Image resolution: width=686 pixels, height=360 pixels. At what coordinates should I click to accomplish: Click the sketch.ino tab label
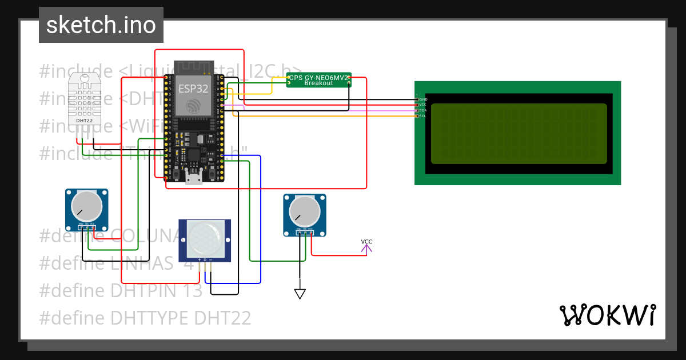[x=101, y=25]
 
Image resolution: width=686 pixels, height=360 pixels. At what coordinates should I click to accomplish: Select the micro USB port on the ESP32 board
[x=193, y=179]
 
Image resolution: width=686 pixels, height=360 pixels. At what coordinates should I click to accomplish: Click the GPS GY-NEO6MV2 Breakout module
[x=318, y=80]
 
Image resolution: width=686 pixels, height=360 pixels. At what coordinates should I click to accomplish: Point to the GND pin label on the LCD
[x=423, y=99]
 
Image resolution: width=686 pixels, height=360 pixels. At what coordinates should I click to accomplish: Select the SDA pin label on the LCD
[x=423, y=110]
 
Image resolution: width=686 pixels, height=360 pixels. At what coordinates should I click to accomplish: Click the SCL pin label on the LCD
[x=423, y=116]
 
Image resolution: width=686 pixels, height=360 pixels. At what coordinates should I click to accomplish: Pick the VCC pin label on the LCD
[x=423, y=105]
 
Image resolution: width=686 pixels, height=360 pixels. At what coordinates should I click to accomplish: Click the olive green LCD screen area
[x=519, y=133]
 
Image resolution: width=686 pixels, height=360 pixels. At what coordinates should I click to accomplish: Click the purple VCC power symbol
[x=366, y=246]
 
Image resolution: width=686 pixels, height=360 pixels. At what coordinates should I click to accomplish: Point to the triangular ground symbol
[x=300, y=294]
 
